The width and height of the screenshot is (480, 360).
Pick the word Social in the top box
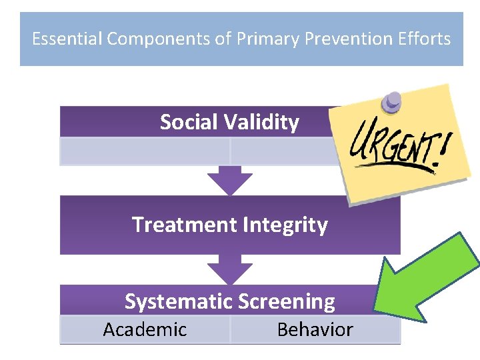coord(189,122)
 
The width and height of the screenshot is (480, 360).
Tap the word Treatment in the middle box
coord(185,225)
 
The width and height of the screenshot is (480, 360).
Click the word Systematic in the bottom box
coord(176,301)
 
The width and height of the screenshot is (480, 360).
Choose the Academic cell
coord(145,329)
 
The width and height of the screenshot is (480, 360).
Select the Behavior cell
coord(315,329)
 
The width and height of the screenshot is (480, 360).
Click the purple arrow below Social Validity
coord(229,180)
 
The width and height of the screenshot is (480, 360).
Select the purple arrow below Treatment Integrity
coord(229,269)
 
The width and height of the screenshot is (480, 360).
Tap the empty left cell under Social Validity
coord(145,151)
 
